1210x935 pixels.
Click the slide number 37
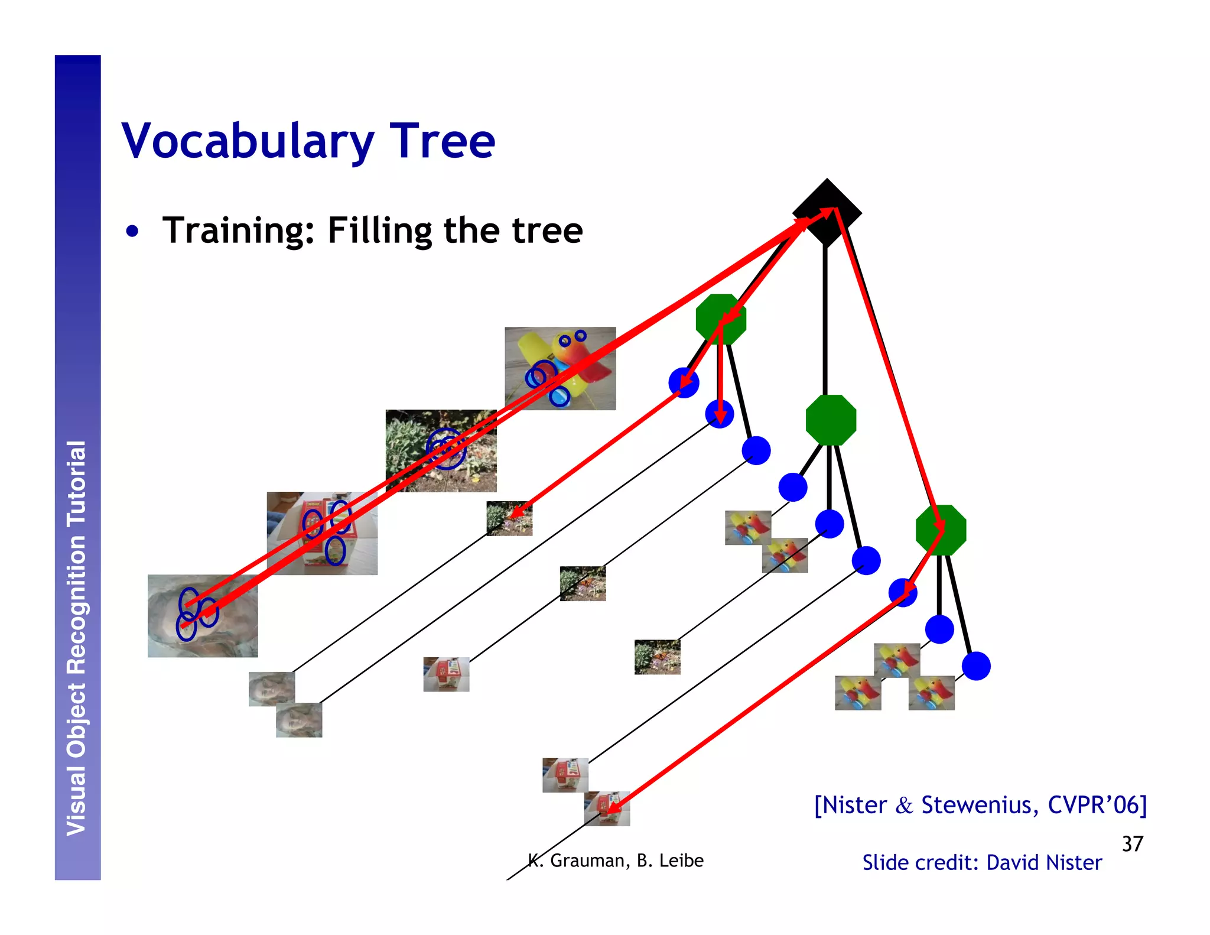pyautogui.click(x=1132, y=843)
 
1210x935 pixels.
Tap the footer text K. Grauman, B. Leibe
pyautogui.click(x=615, y=861)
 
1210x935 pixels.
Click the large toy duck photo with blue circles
pyautogui.click(x=560, y=368)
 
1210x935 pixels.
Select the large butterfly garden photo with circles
pyautogui.click(x=441, y=450)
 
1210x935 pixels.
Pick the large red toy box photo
pyautogui.click(x=322, y=533)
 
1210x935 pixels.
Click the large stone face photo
pyautogui.click(x=203, y=616)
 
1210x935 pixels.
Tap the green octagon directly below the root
pyautogui.click(x=831, y=420)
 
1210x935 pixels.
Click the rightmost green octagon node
pyautogui.click(x=941, y=530)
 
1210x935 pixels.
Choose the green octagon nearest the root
pyautogui.click(x=721, y=319)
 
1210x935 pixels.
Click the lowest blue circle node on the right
pyautogui.click(x=976, y=666)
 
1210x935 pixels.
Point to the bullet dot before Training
pyautogui.click(x=132, y=231)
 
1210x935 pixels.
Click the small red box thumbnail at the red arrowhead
pyautogui.click(x=607, y=809)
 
